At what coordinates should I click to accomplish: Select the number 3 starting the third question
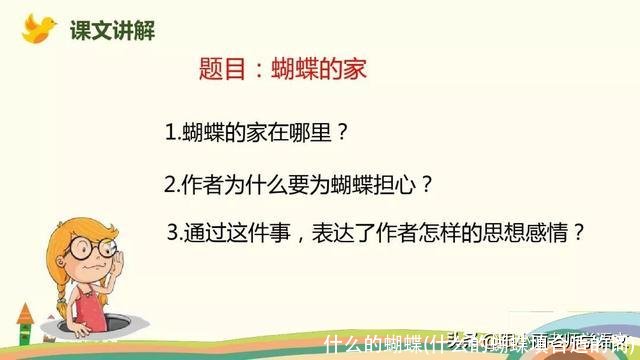(177, 233)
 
